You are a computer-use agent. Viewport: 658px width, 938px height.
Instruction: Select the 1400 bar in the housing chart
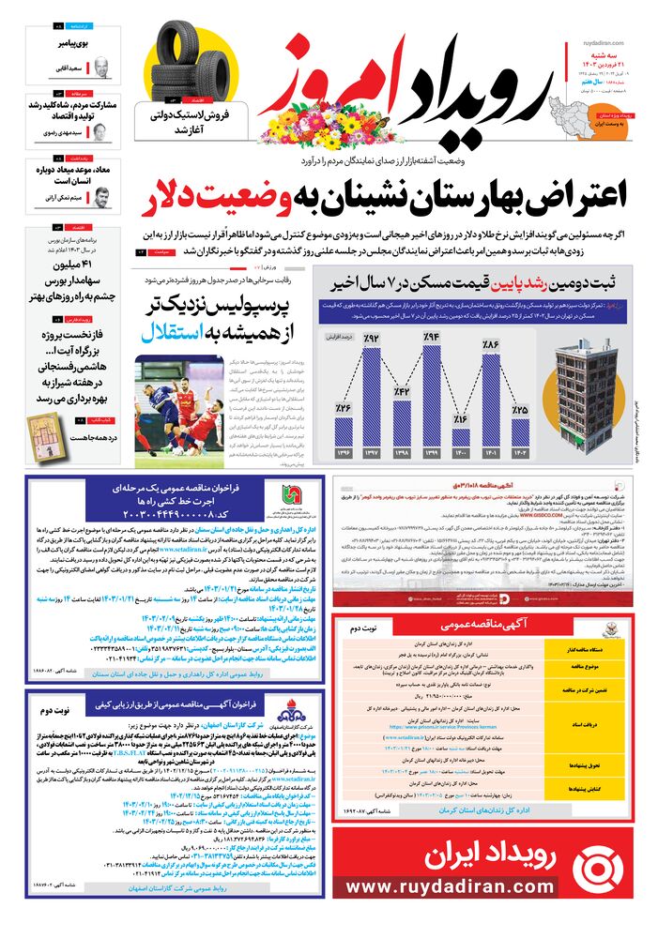(461, 437)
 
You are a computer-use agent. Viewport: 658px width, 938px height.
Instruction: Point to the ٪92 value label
(373, 339)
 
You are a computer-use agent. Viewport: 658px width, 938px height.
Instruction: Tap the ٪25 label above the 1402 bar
(520, 409)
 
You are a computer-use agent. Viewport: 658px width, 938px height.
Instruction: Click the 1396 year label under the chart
(344, 454)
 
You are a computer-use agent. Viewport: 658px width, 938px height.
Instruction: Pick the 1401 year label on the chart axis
(490, 454)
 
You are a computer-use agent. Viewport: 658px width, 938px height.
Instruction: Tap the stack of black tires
(194, 63)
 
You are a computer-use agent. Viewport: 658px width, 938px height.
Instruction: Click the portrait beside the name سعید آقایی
(99, 68)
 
